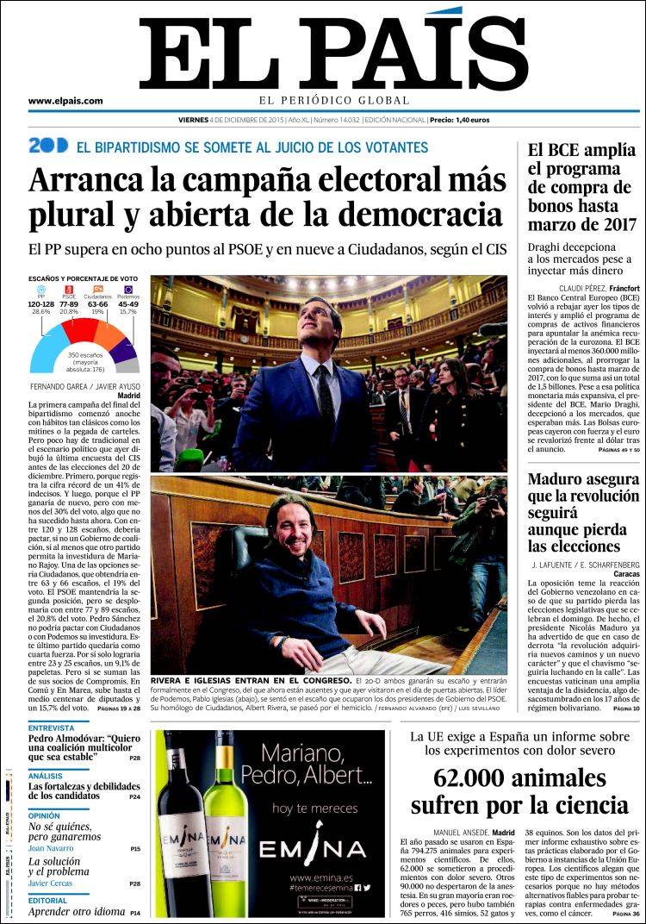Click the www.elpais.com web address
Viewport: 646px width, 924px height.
(65, 101)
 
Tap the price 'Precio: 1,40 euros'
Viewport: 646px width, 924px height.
(459, 121)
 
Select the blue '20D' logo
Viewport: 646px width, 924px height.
(47, 146)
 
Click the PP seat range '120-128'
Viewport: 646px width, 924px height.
(41, 304)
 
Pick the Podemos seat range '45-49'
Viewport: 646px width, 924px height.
(128, 304)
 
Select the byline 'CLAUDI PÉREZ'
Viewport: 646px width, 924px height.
(571, 287)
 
